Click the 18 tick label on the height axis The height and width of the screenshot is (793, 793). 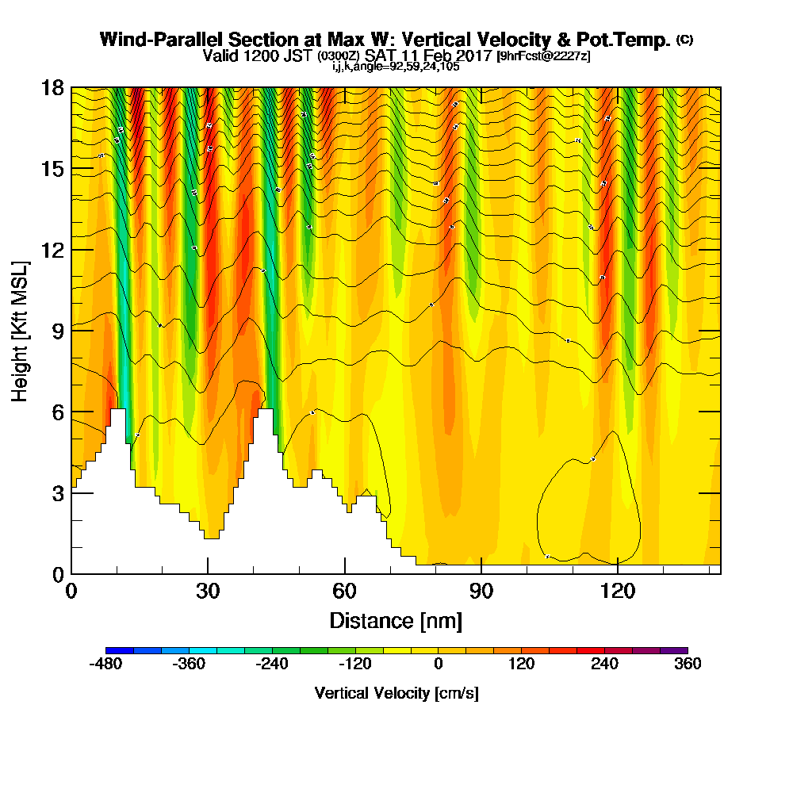pos(53,87)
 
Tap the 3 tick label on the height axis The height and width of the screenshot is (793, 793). pos(58,493)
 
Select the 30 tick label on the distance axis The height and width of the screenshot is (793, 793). pos(208,591)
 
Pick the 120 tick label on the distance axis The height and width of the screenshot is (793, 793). pos(618,591)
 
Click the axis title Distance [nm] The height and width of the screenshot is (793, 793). pos(396,620)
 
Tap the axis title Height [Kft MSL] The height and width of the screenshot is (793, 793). pos(21,331)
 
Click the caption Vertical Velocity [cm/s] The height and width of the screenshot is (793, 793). pos(396,693)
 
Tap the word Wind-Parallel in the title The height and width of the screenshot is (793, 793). pos(148,40)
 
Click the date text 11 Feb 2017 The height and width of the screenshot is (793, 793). pos(448,56)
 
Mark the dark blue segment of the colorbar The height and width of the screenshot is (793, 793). pos(120,650)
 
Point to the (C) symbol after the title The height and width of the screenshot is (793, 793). pos(684,39)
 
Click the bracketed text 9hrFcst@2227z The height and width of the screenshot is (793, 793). pos(543,57)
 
